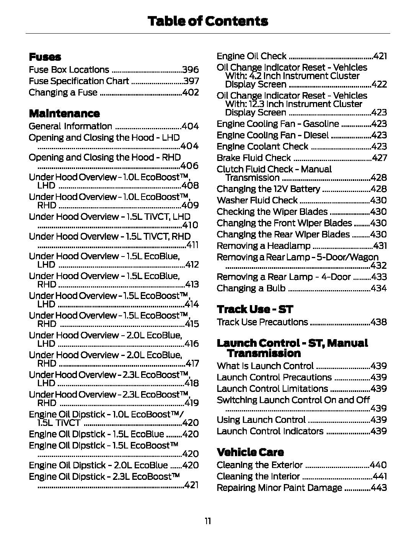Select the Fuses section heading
pyautogui.click(x=45, y=57)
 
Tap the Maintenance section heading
pyautogui.click(x=64, y=113)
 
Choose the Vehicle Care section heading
pyautogui.click(x=250, y=452)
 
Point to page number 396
pyautogui.click(x=191, y=70)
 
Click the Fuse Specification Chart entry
pyautogui.click(x=79, y=81)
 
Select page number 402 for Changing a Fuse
pyautogui.click(x=191, y=93)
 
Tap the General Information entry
pyautogui.click(x=70, y=126)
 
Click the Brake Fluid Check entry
pyautogui.click(x=254, y=158)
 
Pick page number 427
pyautogui.click(x=380, y=158)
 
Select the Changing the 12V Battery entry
pyautogui.click(x=268, y=189)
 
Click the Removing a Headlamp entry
pyautogui.click(x=264, y=246)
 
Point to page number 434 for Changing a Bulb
pyautogui.click(x=379, y=288)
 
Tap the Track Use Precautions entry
pyautogui.click(x=262, y=322)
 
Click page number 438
pyautogui.click(x=379, y=322)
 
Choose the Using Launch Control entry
pyautogui.click(x=261, y=419)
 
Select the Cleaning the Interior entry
pyautogui.click(x=258, y=476)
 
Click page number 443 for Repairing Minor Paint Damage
pyautogui.click(x=379, y=488)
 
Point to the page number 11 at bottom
pyautogui.click(x=208, y=521)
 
